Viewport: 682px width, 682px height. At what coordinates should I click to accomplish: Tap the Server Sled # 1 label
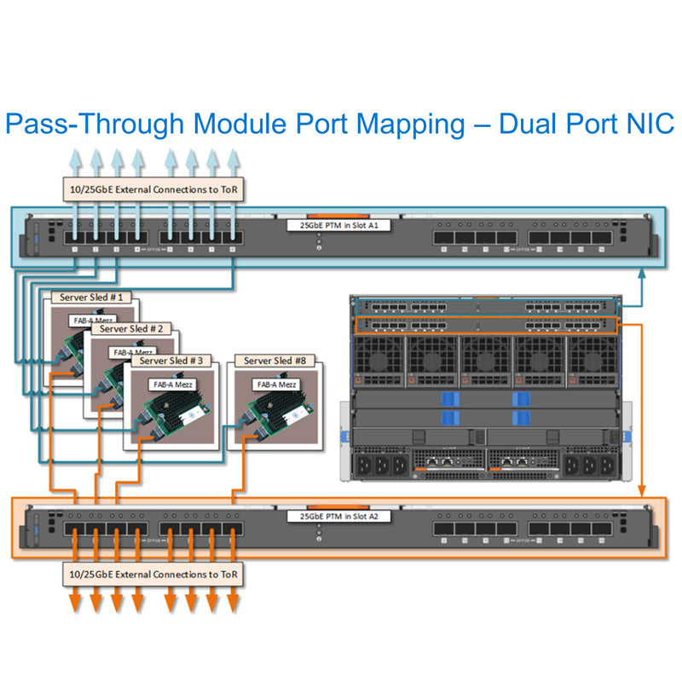point(92,298)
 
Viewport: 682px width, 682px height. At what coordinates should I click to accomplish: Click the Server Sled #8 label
point(276,361)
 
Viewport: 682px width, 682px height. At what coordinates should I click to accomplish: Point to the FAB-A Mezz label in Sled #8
point(276,384)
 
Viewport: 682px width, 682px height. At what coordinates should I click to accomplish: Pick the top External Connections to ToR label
point(154,189)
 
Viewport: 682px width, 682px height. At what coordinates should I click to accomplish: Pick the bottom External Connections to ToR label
point(154,574)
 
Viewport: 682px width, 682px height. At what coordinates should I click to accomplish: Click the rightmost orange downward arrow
point(231,605)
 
